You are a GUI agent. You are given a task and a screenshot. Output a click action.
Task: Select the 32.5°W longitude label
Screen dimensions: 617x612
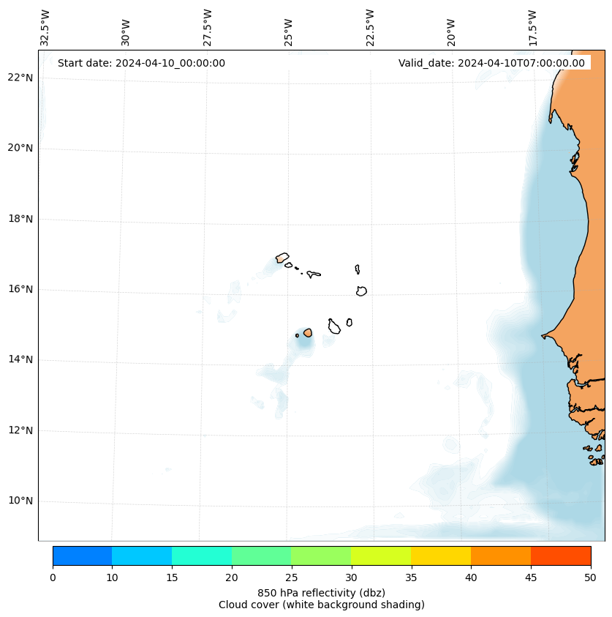pos(45,28)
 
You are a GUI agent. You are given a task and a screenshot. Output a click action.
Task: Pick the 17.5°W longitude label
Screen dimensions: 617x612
pos(532,28)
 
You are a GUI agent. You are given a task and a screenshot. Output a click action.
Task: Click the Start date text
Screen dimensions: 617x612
pos(141,63)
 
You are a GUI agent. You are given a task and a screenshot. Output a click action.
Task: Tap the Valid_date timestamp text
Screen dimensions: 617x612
pos(491,63)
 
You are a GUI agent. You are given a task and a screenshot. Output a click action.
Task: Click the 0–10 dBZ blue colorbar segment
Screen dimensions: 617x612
pos(82,556)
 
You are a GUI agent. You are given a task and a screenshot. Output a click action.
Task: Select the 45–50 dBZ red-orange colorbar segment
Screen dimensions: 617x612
pos(561,556)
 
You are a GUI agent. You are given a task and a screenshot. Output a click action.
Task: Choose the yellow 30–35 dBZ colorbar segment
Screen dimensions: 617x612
pos(381,556)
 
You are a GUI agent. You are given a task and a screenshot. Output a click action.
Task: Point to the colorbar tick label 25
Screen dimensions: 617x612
pos(291,578)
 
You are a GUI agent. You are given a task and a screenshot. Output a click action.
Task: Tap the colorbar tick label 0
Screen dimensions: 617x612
pos(53,578)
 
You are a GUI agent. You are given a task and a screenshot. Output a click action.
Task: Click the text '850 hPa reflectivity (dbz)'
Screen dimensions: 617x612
pos(321,592)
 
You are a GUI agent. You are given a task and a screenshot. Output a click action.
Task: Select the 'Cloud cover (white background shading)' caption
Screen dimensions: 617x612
pos(321,605)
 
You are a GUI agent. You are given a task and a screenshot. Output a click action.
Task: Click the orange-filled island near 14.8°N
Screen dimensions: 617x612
pos(308,332)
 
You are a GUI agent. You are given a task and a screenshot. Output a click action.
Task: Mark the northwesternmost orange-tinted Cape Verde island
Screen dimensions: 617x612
pos(282,258)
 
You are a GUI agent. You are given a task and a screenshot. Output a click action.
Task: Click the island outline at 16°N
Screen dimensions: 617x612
pos(361,291)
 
